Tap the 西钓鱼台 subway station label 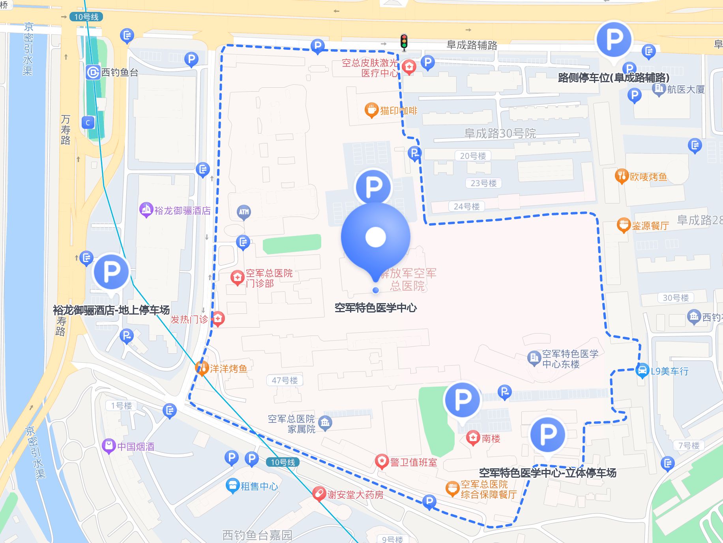(120, 73)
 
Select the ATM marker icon (244, 212)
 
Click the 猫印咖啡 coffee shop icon (371, 110)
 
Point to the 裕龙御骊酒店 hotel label (182, 211)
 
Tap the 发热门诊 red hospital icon (218, 318)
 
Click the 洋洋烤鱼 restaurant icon (202, 368)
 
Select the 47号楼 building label (285, 380)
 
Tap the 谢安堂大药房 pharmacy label (355, 494)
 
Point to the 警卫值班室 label (413, 462)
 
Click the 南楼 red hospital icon (473, 437)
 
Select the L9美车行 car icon (642, 370)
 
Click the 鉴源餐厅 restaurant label (650, 226)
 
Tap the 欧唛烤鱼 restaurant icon (622, 176)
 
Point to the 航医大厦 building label (686, 90)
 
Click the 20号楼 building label (473, 156)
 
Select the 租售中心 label (259, 486)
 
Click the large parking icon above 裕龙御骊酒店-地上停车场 (111, 272)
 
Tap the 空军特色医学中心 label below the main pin (375, 307)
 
